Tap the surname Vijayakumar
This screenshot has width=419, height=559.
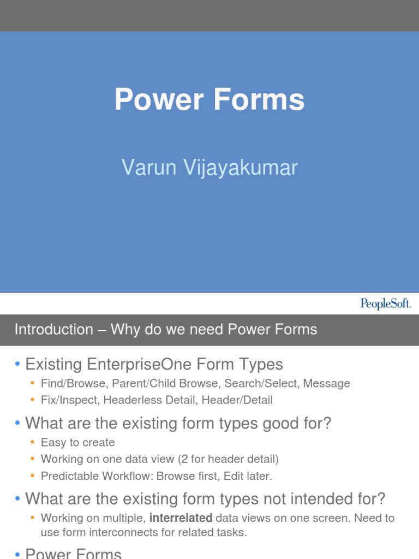point(241,168)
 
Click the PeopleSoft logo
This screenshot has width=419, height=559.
point(385,304)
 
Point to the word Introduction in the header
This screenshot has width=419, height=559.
point(53,330)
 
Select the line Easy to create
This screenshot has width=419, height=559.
point(77,442)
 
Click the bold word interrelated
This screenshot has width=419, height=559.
point(181,518)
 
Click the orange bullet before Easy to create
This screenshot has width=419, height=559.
point(33,442)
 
